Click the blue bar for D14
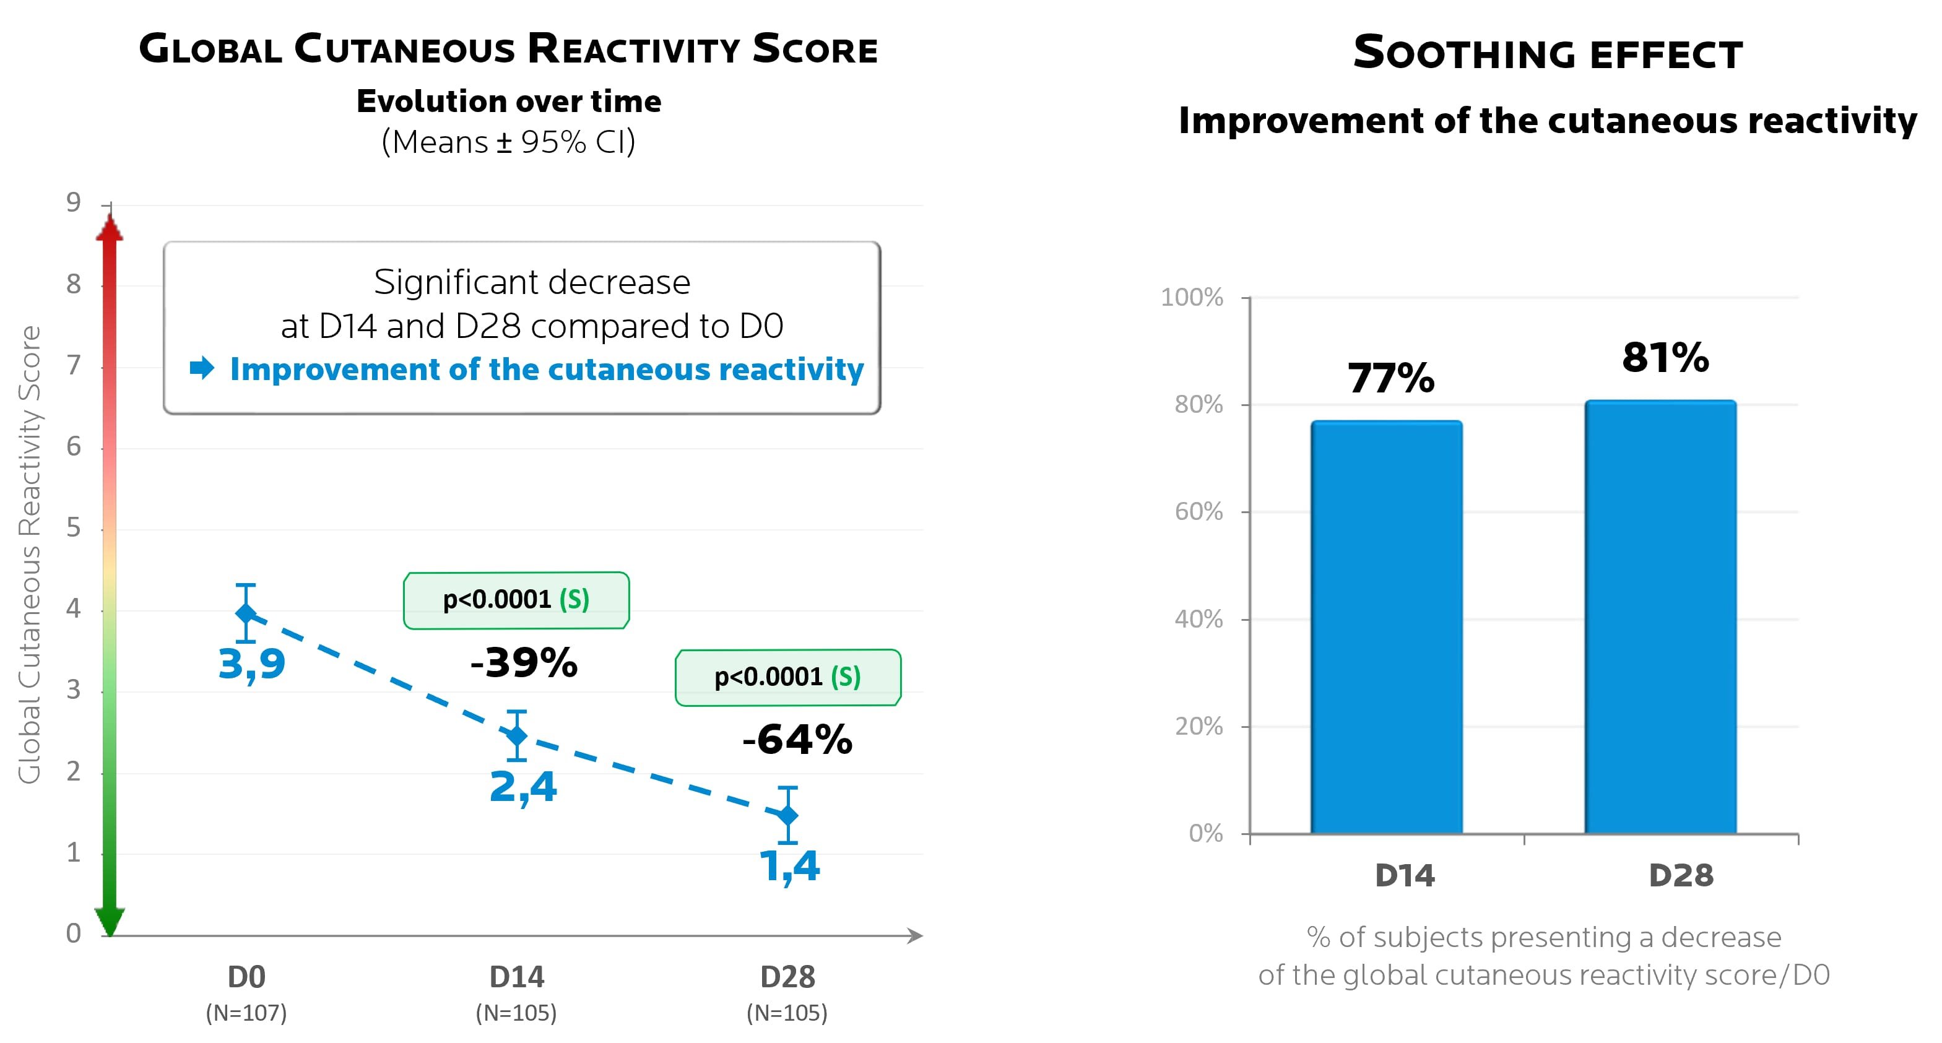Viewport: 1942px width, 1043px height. [x=1386, y=627]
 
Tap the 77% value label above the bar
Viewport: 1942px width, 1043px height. [x=1391, y=378]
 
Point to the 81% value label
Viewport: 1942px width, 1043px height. [x=1665, y=357]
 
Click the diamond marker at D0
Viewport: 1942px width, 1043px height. [x=246, y=613]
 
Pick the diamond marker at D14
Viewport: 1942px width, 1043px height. [x=516, y=735]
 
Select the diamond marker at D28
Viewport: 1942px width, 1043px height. [x=787, y=815]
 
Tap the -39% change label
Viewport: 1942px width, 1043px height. [x=524, y=663]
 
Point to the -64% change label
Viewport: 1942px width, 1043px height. [x=797, y=739]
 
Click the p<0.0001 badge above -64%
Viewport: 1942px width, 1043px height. [x=788, y=677]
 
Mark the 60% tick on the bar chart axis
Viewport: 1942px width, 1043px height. [x=1199, y=512]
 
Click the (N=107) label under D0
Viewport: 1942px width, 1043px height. [x=246, y=1013]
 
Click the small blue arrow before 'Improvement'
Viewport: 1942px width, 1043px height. [x=202, y=368]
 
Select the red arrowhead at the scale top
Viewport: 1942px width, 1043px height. [x=110, y=228]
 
